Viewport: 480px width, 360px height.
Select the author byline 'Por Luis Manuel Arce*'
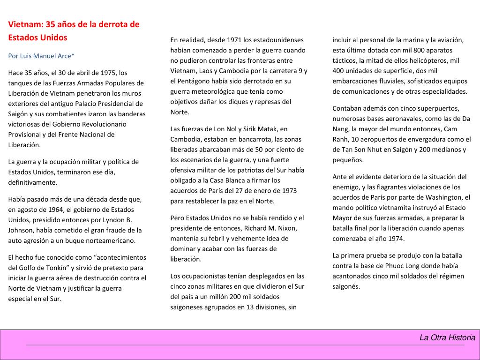(41, 56)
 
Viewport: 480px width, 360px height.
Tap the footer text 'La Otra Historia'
(447, 337)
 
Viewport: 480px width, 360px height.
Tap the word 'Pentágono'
(195, 81)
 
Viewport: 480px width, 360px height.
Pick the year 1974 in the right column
(397, 239)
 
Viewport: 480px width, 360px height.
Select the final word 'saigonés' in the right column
(346, 286)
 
